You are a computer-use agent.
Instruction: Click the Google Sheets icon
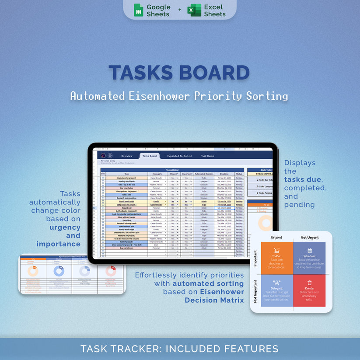tap(138, 10)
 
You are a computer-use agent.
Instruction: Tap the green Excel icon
tap(194, 10)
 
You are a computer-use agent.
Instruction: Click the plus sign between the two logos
tap(179, 10)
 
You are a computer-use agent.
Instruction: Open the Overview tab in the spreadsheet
tap(126, 156)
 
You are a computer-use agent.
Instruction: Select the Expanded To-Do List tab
tap(179, 156)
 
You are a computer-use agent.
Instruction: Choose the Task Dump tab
tap(207, 156)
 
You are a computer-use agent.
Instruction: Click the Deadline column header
tap(224, 174)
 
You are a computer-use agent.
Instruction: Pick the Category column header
tap(157, 174)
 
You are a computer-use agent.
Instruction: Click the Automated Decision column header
tap(204, 174)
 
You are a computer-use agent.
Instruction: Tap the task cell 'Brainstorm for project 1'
tap(126, 178)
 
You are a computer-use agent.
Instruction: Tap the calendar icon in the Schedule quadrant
tap(309, 251)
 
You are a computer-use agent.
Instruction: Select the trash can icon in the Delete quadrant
tap(309, 283)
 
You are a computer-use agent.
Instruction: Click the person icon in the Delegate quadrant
tap(276, 283)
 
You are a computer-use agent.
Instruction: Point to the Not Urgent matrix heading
tap(309, 238)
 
